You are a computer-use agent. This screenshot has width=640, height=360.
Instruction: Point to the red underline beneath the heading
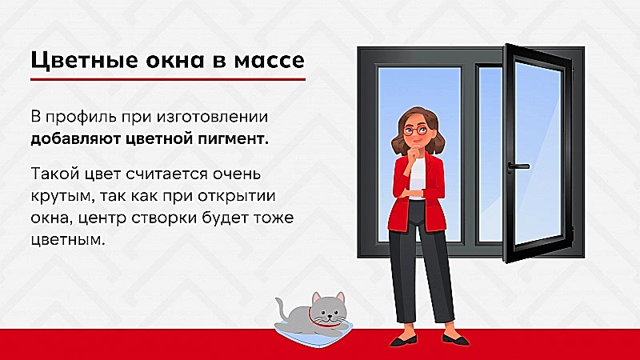168,78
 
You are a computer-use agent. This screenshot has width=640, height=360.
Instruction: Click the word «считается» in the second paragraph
167,174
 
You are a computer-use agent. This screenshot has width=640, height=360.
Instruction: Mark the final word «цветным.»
68,240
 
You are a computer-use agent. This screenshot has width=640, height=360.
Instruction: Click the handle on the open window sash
518,167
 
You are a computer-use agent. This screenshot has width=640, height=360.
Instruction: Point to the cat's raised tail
282,308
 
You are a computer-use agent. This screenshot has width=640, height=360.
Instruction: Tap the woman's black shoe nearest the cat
403,341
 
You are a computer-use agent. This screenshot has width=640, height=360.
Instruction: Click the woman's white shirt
417,178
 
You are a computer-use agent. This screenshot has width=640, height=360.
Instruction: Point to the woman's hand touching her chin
415,153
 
